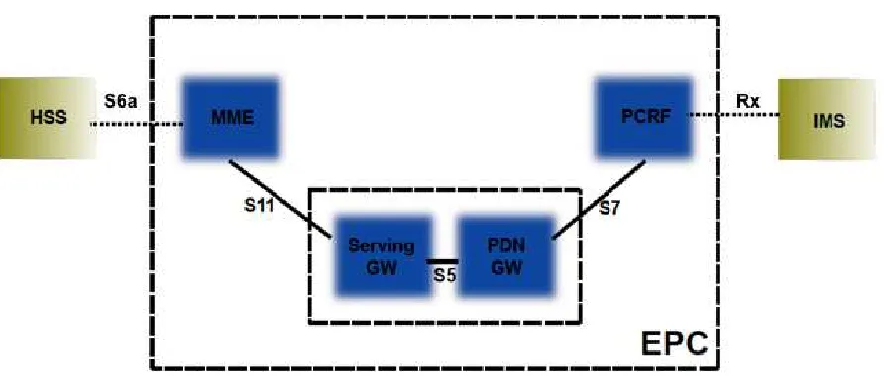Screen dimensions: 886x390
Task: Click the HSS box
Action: click(x=48, y=118)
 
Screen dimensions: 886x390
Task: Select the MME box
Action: click(x=231, y=118)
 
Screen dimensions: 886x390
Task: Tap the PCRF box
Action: click(x=644, y=118)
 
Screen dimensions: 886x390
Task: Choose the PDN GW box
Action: click(x=504, y=255)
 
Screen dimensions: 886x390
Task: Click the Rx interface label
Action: click(x=748, y=102)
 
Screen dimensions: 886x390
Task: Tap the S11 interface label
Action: click(x=259, y=206)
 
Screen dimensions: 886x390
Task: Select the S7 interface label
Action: click(x=609, y=208)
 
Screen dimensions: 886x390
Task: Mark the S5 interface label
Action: click(x=445, y=276)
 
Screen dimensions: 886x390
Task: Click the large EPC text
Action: click(x=674, y=342)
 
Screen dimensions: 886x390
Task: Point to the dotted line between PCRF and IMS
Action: click(x=732, y=115)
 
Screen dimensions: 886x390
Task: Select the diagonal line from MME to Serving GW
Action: click(x=279, y=199)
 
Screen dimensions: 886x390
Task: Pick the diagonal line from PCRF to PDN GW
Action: click(x=599, y=200)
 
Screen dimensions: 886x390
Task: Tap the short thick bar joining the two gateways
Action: click(x=442, y=262)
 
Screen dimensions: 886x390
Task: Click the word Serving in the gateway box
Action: click(x=381, y=246)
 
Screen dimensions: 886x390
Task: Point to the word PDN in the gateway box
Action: click(x=504, y=246)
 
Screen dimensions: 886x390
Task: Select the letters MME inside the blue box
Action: click(x=232, y=118)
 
